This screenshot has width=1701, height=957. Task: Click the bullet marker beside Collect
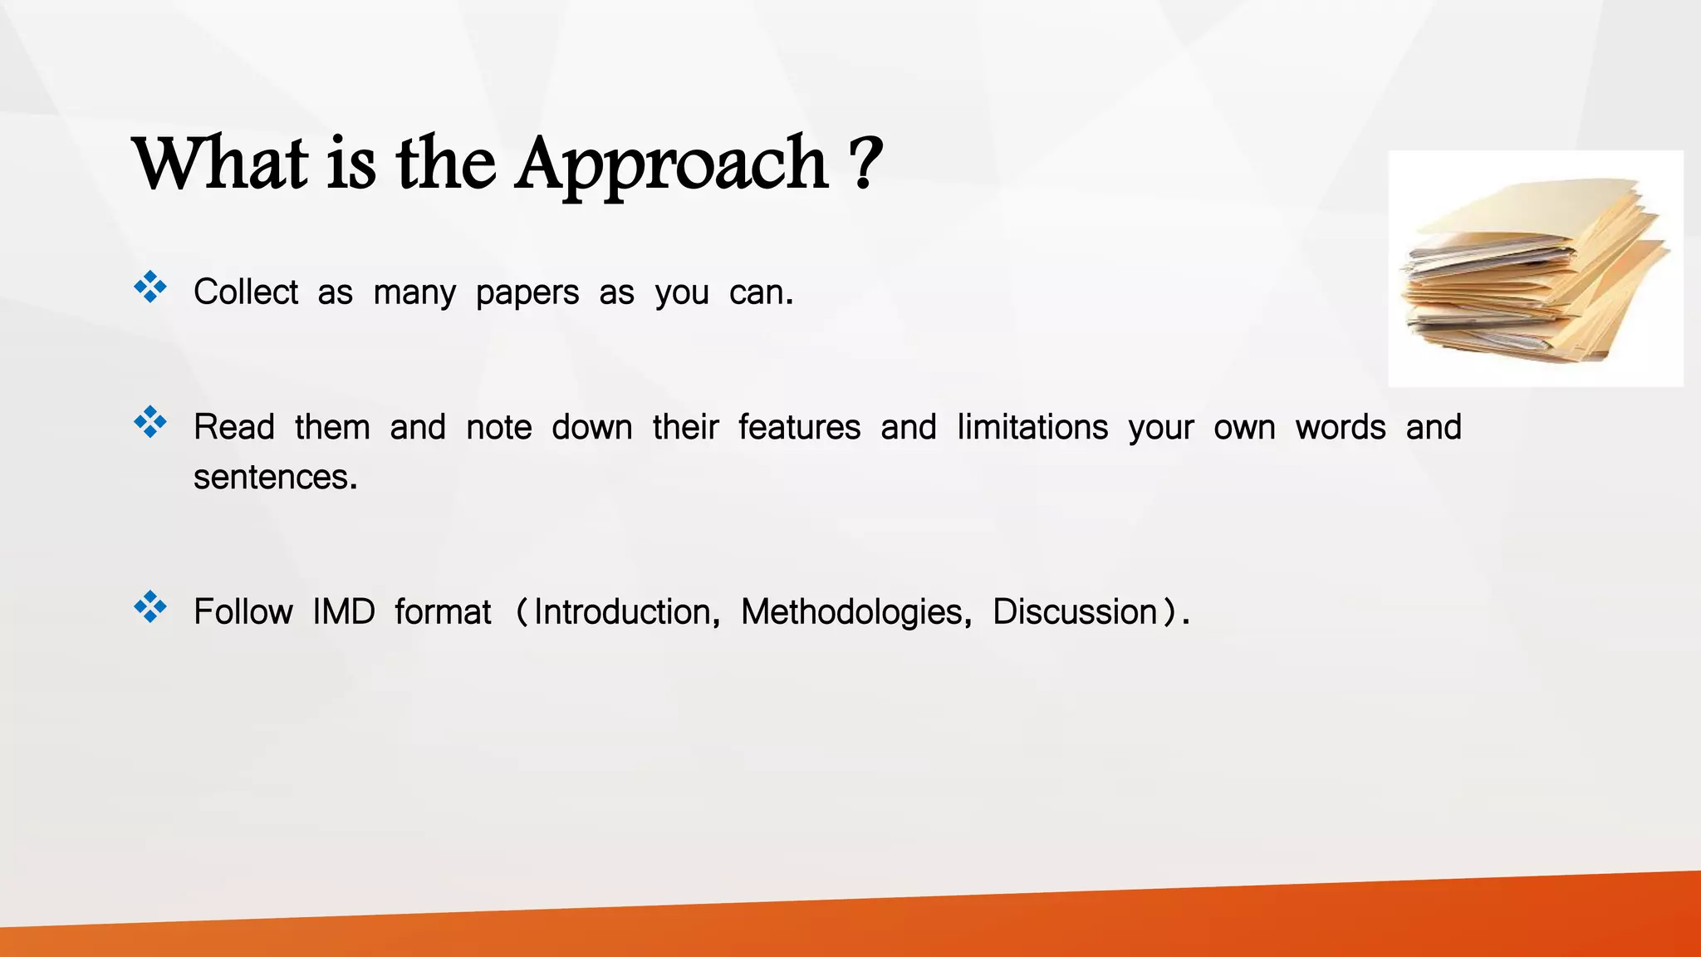click(150, 287)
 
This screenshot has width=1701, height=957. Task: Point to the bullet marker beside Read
click(150, 422)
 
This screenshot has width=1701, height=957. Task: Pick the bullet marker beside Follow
click(150, 607)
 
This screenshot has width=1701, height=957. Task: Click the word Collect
click(245, 292)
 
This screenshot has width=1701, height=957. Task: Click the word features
click(799, 427)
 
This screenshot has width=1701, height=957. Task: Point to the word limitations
click(1032, 427)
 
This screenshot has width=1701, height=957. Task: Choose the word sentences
click(275, 478)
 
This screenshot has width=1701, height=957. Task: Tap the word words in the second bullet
click(1341, 427)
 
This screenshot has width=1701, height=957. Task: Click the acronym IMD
click(344, 612)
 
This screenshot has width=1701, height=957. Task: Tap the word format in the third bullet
click(443, 612)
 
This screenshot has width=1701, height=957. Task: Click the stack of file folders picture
click(1535, 268)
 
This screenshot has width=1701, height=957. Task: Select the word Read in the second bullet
click(234, 427)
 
